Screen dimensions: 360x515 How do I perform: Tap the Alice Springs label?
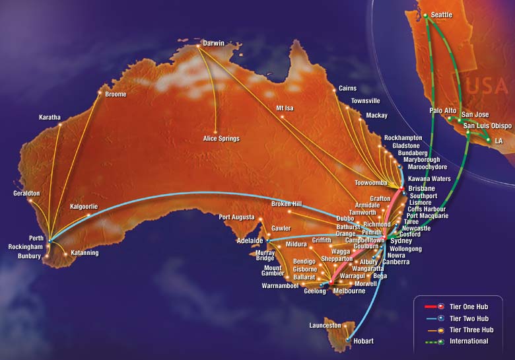click(221, 139)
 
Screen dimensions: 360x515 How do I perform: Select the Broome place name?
click(116, 94)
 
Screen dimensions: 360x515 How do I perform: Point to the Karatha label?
click(50, 118)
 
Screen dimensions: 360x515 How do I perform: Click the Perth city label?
click(36, 238)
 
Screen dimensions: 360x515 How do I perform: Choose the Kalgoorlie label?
click(84, 207)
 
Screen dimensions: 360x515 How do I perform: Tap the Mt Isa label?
click(288, 108)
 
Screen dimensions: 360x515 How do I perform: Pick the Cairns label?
click(347, 88)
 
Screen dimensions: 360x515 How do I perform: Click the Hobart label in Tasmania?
click(363, 341)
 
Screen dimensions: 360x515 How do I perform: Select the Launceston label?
click(325, 325)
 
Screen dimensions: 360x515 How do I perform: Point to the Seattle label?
click(442, 15)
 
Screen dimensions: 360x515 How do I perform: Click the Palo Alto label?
click(442, 111)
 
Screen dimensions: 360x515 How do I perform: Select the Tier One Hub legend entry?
click(471, 306)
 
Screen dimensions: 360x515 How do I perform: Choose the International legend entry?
click(469, 342)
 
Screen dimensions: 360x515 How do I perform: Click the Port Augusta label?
click(237, 217)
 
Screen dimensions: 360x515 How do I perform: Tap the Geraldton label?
click(27, 194)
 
